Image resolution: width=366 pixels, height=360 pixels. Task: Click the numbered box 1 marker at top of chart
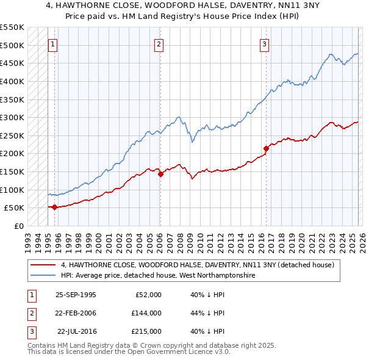[53, 43]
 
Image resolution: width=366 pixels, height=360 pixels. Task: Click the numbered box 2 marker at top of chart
[159, 43]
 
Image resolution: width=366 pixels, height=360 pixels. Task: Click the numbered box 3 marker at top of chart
[264, 43]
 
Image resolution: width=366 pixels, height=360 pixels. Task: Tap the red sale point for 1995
[55, 207]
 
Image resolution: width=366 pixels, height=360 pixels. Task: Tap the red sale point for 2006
[160, 174]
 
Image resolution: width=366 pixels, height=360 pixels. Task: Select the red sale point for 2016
[266, 148]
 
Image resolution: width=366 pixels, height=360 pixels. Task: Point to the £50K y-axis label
[14, 207]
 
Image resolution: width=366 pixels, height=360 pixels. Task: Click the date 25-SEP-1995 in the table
[76, 295]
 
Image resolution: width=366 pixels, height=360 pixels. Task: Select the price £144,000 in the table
[146, 313]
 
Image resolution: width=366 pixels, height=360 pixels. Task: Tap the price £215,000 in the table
[146, 331]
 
